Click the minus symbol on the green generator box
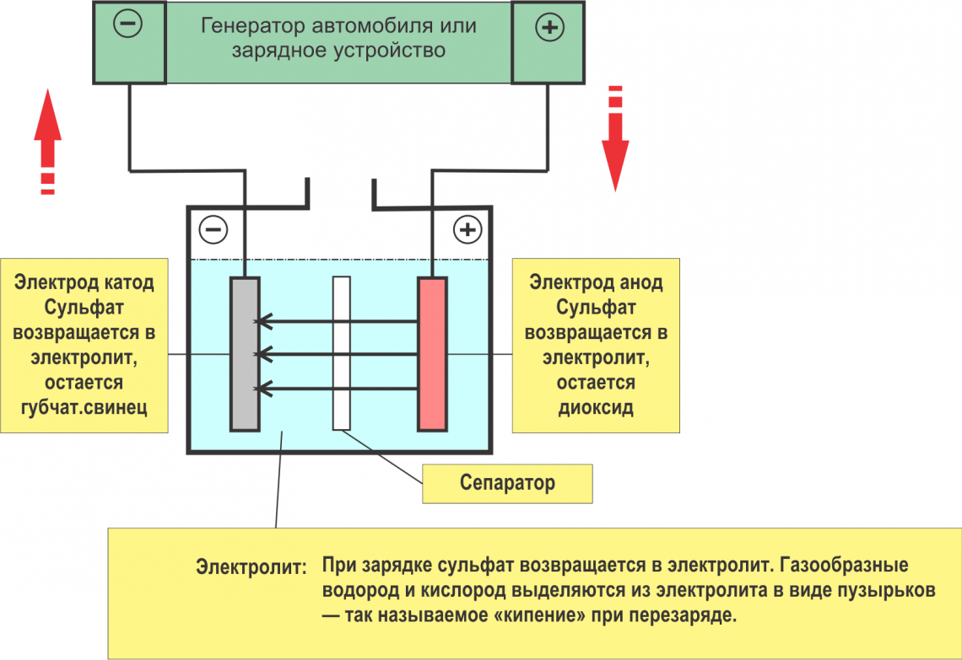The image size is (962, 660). (128, 25)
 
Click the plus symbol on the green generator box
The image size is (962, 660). (549, 28)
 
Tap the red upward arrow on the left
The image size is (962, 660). (48, 126)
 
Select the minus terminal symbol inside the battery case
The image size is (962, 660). (213, 229)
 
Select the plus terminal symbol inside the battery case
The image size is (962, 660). (467, 229)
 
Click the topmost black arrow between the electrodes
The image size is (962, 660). (338, 320)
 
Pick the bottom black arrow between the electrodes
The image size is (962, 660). (338, 388)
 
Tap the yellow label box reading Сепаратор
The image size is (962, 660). (507, 483)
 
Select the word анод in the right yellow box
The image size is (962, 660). (640, 282)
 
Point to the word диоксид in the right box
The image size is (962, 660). (596, 408)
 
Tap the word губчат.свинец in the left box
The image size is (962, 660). (84, 408)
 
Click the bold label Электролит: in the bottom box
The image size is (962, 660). (251, 566)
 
